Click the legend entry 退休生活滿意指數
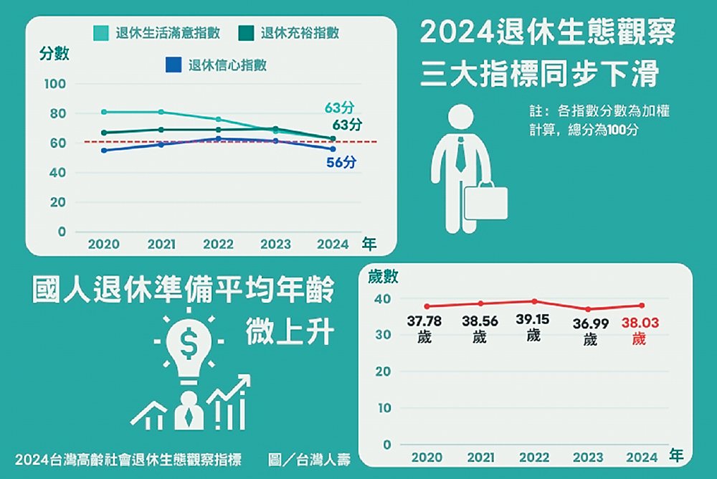156,33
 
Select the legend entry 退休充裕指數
290,33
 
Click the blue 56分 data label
341,162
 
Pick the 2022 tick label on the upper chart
218,244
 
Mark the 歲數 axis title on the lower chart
382,277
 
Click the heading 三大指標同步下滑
538,75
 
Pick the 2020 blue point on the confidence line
104,150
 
